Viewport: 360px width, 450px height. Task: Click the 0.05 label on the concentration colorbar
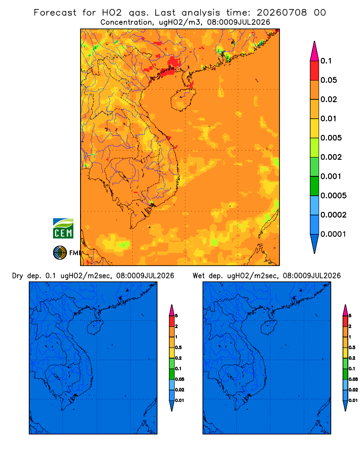coord(328,80)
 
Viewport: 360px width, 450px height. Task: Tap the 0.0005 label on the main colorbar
coord(333,196)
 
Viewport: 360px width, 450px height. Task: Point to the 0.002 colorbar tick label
coord(331,157)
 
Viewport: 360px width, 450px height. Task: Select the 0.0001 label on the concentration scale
coord(333,234)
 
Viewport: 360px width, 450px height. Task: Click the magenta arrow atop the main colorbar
coord(315,52)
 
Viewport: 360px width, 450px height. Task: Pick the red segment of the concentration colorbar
coord(315,71)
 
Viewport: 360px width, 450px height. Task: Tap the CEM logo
coord(63,229)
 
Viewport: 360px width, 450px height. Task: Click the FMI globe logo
coord(60,253)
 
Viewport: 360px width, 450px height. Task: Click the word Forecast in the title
coord(55,13)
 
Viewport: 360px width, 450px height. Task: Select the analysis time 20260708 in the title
coord(282,13)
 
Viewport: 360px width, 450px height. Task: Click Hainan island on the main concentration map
coord(183,99)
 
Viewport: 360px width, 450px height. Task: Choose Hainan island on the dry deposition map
coord(95,327)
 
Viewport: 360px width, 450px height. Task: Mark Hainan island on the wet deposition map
coord(269,327)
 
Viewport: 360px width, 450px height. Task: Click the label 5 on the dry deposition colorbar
coord(176,316)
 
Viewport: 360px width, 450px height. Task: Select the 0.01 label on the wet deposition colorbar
coord(353,400)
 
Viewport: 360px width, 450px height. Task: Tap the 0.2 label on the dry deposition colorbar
coord(178,358)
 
